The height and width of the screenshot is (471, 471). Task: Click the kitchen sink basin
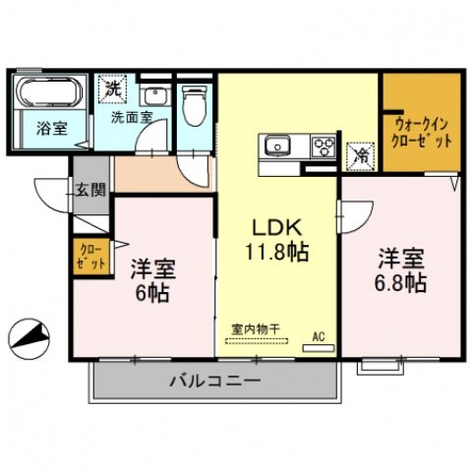coord(274,147)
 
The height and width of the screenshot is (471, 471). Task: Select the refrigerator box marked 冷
coord(360,153)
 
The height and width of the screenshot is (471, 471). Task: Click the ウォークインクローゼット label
coord(424,132)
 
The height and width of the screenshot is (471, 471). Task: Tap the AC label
coord(318,335)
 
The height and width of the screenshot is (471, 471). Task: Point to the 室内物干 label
coord(256,329)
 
